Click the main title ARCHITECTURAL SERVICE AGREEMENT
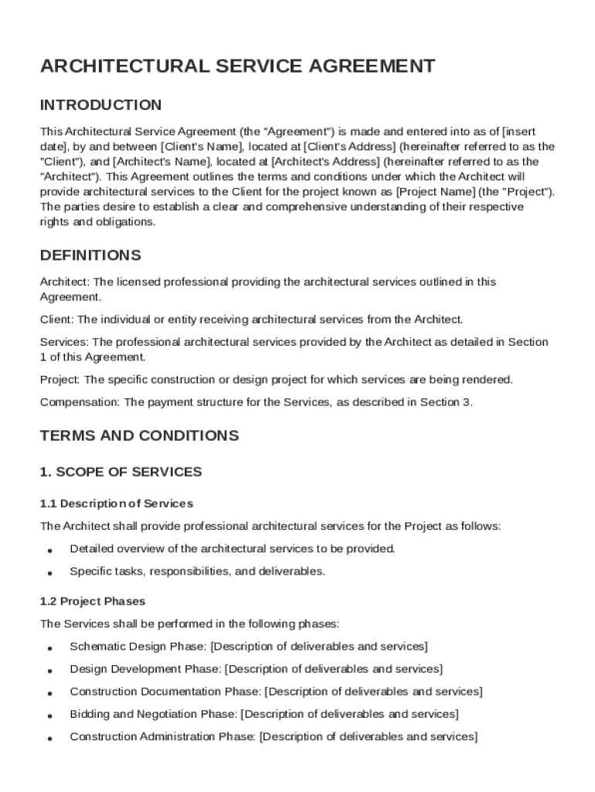(237, 67)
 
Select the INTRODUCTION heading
(100, 105)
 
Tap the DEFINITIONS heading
(90, 255)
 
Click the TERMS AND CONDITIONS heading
(139, 435)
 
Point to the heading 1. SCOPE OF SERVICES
(121, 472)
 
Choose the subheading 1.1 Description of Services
(116, 504)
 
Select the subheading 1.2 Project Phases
(92, 601)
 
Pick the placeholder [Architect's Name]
(161, 162)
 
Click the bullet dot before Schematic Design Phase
(49, 647)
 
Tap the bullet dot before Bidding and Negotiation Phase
(49, 715)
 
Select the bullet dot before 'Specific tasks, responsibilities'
(49, 573)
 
